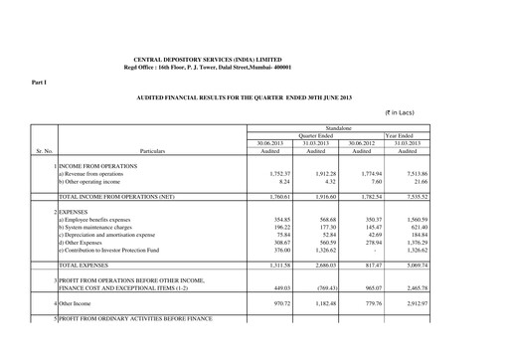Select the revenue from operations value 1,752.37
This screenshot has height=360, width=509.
273,174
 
